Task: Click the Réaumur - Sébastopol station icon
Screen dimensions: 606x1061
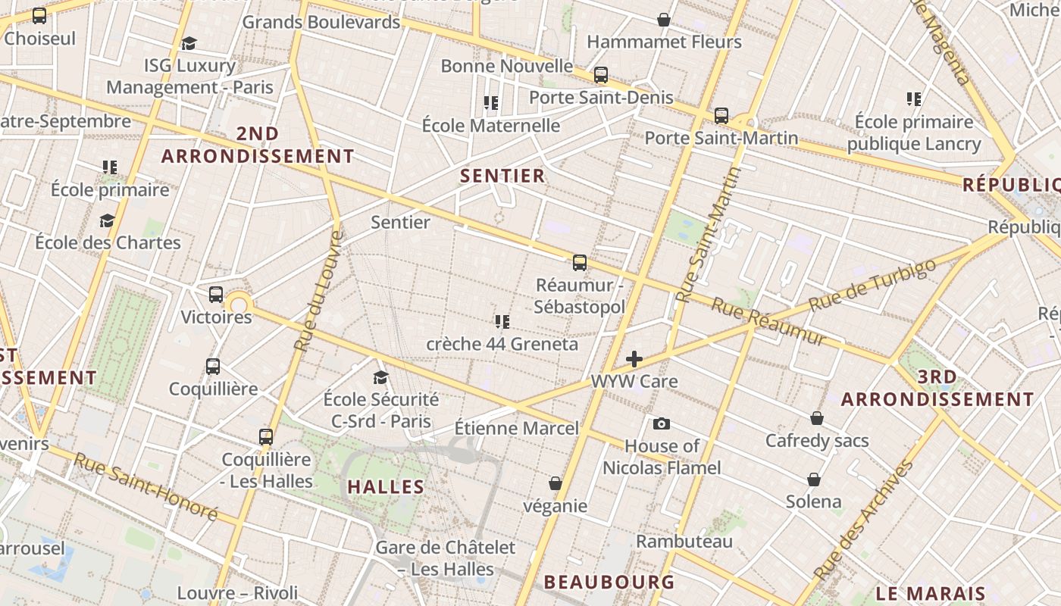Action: pos(580,263)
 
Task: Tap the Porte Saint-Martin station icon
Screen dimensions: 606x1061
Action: pos(721,116)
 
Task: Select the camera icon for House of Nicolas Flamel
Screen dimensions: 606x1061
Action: pos(662,423)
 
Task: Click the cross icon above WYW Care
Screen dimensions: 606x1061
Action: pos(634,359)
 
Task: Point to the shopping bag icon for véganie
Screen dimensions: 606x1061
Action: pos(556,483)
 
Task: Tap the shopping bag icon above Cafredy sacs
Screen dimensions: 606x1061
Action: pos(817,418)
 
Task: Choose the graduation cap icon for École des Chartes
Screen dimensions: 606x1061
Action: pos(107,220)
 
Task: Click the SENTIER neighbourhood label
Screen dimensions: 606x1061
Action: pos(502,176)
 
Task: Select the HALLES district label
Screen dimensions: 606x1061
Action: pos(386,487)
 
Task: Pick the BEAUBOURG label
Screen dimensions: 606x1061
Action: pos(609,582)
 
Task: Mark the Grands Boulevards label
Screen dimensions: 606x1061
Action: pos(321,22)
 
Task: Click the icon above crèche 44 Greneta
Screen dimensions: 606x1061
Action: pos(502,322)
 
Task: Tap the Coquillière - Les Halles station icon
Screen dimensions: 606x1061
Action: pos(265,437)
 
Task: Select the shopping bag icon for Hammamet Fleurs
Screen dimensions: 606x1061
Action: pos(664,20)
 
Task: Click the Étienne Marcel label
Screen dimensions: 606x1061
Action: pos(516,428)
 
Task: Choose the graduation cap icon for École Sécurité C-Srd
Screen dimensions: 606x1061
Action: pos(380,377)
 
